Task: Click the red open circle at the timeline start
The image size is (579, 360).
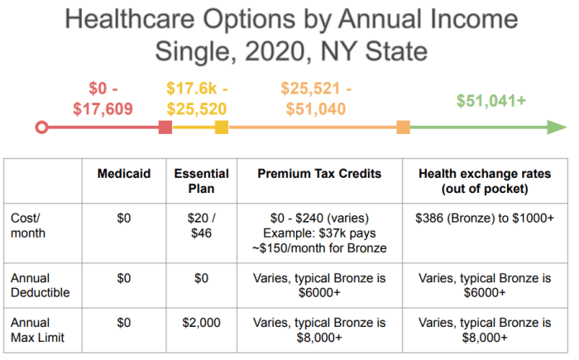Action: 42,127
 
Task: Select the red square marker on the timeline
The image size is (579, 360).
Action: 165,127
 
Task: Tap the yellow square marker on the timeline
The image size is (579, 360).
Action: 221,127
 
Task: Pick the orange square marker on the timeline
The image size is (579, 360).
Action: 403,127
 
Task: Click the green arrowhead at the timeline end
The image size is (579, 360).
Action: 557,127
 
